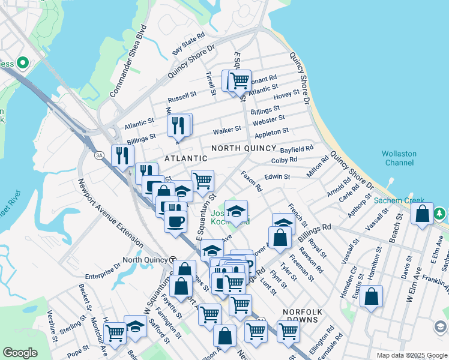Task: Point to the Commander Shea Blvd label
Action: click(128, 61)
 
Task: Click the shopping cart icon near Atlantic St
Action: click(240, 80)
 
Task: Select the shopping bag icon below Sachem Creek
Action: click(422, 214)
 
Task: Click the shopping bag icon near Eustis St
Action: click(372, 296)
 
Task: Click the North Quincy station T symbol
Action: click(172, 260)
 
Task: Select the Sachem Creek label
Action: click(399, 200)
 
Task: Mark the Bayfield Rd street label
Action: click(297, 148)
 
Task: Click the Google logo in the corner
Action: click(20, 353)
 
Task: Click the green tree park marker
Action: click(440, 213)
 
